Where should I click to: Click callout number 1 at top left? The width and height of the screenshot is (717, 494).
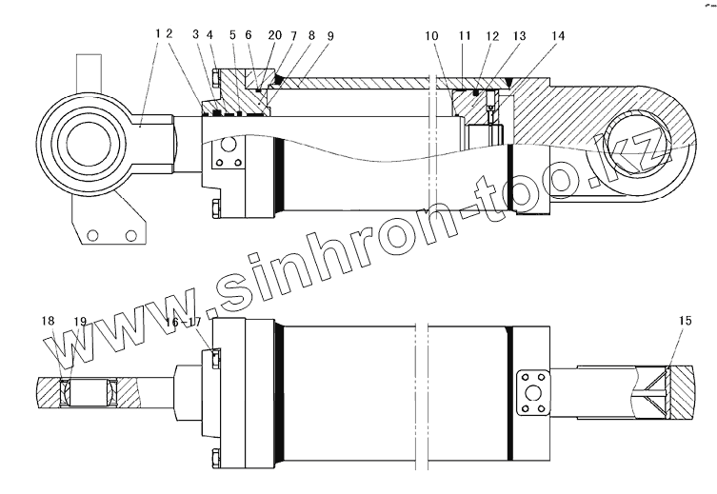click(158, 33)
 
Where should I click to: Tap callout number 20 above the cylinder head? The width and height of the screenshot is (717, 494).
click(275, 35)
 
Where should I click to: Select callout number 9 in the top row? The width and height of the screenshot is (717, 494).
click(330, 35)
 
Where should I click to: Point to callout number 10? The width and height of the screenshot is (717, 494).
click(431, 35)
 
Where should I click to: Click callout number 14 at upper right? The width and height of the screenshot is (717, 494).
click(558, 35)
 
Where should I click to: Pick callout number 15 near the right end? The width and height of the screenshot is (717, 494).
click(685, 321)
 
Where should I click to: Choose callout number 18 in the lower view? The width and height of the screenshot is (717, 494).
click(48, 321)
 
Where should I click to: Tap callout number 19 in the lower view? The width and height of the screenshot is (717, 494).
click(80, 322)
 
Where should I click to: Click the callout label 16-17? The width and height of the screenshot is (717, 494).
click(184, 322)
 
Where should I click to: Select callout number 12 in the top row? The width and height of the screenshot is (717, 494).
click(492, 35)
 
